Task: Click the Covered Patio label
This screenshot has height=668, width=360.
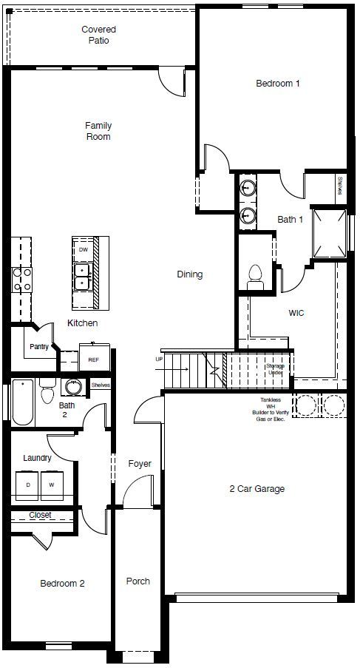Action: click(x=99, y=35)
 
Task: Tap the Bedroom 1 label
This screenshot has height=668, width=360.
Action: click(x=277, y=84)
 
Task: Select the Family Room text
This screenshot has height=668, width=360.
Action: click(x=98, y=131)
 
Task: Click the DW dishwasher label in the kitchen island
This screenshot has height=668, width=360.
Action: click(x=83, y=250)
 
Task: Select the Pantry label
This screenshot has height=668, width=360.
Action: click(x=39, y=347)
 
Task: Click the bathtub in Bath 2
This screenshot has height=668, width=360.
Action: click(x=22, y=402)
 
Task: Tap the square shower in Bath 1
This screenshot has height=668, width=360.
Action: click(x=329, y=232)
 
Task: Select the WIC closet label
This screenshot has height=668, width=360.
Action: click(x=296, y=313)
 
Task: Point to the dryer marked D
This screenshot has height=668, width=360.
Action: click(x=28, y=485)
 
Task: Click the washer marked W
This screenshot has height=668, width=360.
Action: click(x=52, y=485)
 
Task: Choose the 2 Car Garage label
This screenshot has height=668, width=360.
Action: click(x=257, y=488)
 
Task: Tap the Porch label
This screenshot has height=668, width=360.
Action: click(x=137, y=581)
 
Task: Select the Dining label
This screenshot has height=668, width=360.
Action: click(x=189, y=274)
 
